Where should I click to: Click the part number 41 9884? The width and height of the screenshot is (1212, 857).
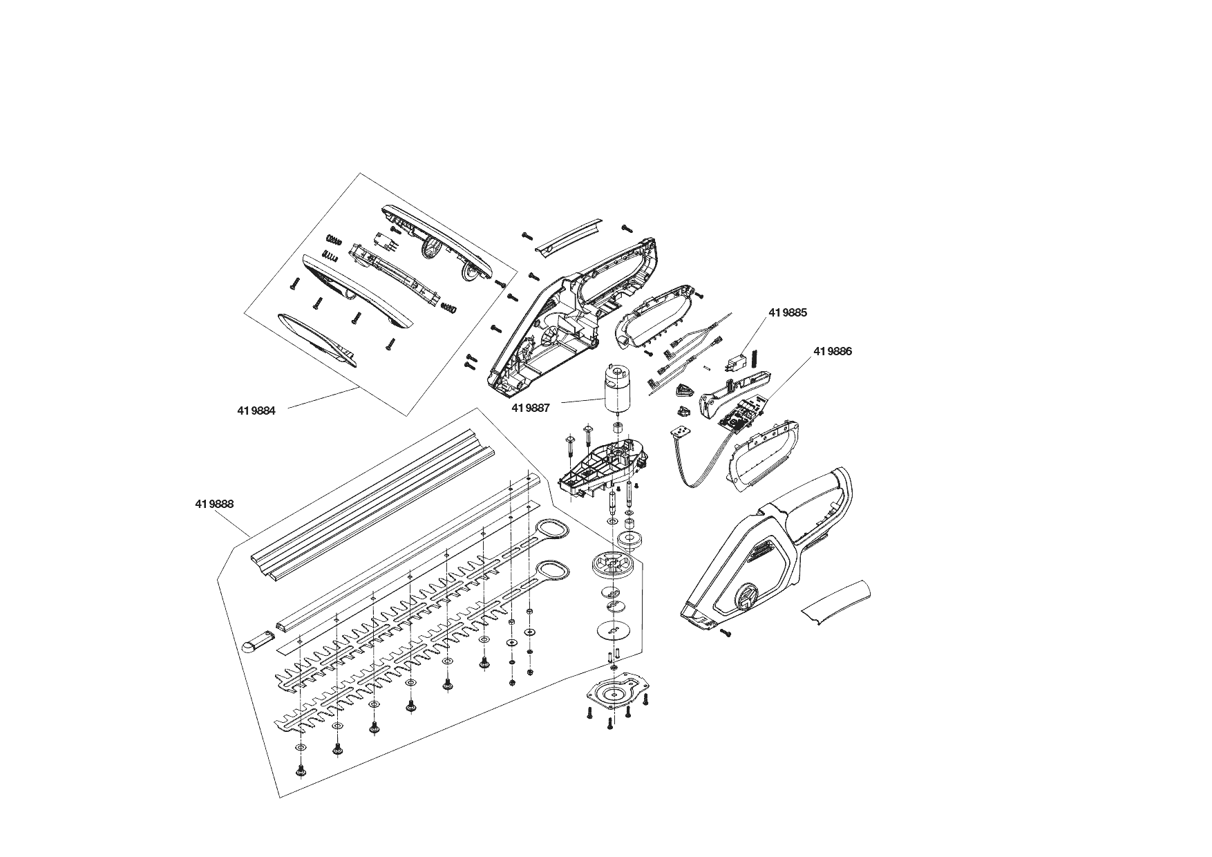click(256, 411)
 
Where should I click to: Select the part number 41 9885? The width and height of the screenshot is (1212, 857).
click(787, 312)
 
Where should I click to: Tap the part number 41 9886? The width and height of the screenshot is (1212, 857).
click(833, 351)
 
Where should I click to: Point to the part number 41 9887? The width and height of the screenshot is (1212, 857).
click(531, 408)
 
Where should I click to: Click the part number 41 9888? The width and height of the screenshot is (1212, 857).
click(214, 504)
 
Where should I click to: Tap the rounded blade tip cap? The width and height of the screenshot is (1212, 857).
click(253, 645)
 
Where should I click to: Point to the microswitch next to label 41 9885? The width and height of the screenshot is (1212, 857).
click(736, 361)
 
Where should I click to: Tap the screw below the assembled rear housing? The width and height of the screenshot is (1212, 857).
click(726, 632)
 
